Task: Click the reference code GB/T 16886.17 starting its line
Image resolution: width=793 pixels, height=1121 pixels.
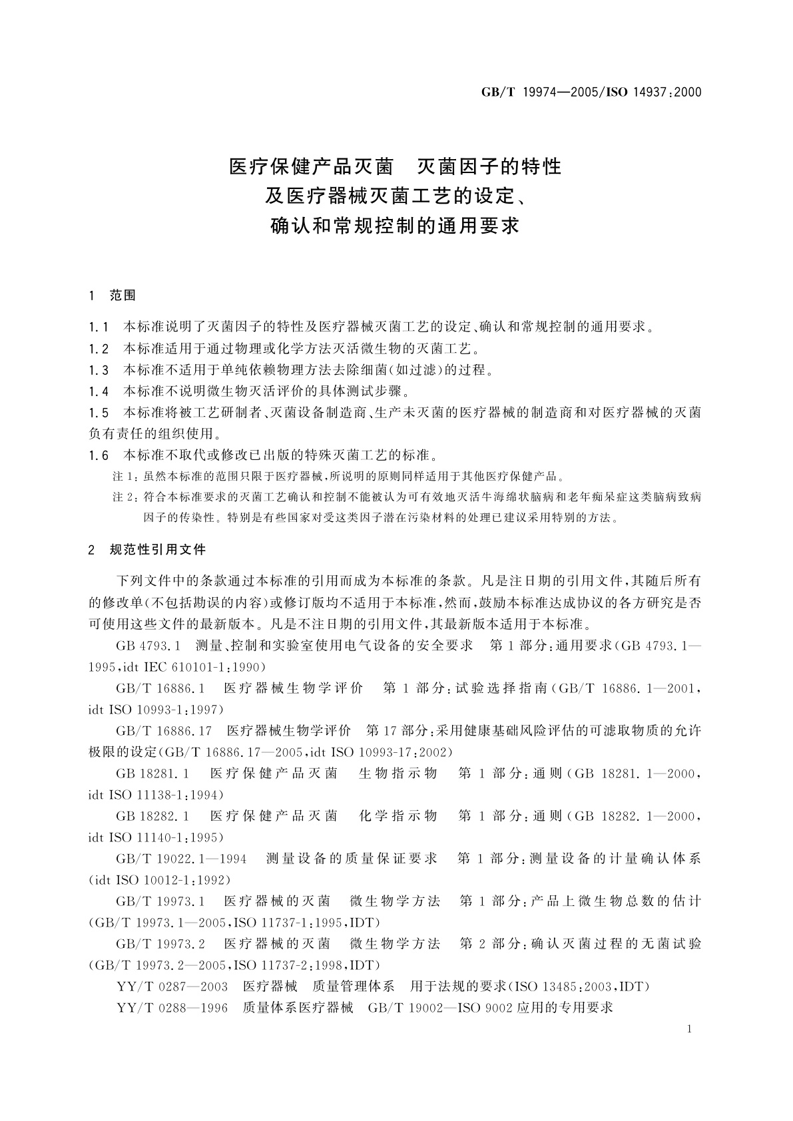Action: [x=164, y=731]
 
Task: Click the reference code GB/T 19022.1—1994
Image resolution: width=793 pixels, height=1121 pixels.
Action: [x=181, y=859]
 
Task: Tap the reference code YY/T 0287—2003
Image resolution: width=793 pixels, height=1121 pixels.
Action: [x=172, y=987]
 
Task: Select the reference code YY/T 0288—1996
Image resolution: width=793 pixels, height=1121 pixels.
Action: [x=172, y=1008]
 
